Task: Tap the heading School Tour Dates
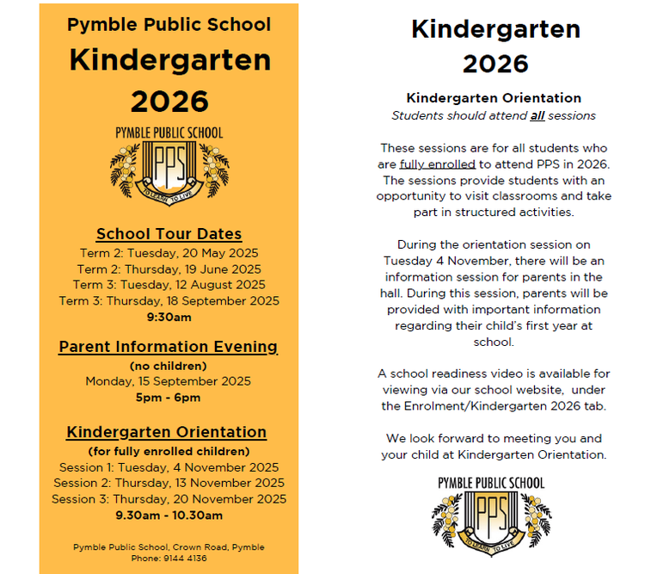coord(169,234)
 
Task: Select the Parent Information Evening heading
coord(169,347)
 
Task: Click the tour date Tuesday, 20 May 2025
coord(169,253)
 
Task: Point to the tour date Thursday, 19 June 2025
coord(169,268)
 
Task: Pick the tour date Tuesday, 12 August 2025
coord(169,284)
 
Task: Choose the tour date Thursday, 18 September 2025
coord(169,300)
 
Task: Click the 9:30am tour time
coord(169,317)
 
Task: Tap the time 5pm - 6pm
coord(169,397)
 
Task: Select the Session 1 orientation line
coord(169,467)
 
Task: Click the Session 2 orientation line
coord(169,483)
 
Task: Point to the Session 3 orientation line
coord(169,499)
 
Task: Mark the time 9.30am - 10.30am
coord(169,515)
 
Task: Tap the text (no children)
coord(169,365)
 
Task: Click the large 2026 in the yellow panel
coord(169,102)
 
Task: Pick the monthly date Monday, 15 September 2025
coord(169,381)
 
